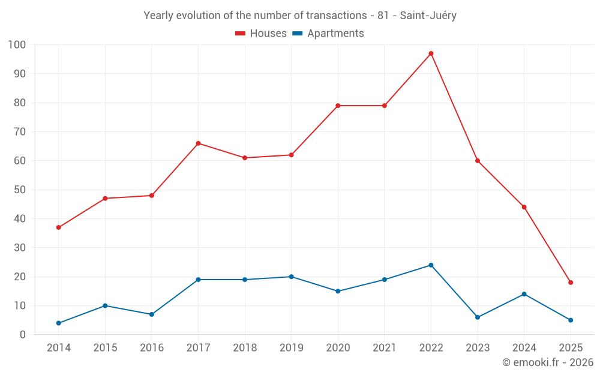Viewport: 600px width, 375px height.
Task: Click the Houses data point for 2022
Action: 431,53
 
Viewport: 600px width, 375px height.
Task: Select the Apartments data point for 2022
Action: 431,265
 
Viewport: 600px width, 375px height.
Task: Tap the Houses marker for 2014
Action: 58,227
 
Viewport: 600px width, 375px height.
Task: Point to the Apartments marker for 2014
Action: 58,323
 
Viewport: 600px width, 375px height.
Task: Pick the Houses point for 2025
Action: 571,283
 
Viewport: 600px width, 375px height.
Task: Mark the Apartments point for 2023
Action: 478,317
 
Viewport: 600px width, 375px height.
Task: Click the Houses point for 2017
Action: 198,143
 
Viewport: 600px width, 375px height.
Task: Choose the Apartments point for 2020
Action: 338,291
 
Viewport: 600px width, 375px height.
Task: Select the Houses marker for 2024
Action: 524,207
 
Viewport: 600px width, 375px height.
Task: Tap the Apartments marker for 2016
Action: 152,314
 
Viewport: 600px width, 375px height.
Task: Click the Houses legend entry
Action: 261,34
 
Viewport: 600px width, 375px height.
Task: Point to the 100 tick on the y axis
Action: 17,44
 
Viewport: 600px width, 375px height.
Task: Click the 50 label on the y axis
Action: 20,190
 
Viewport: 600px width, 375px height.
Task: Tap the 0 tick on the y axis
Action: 23,335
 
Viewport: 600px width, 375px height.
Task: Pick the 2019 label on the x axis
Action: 291,348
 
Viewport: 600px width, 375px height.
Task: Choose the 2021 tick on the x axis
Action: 385,348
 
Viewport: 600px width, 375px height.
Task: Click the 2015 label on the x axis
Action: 105,348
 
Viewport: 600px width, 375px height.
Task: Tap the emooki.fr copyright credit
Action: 547,362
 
